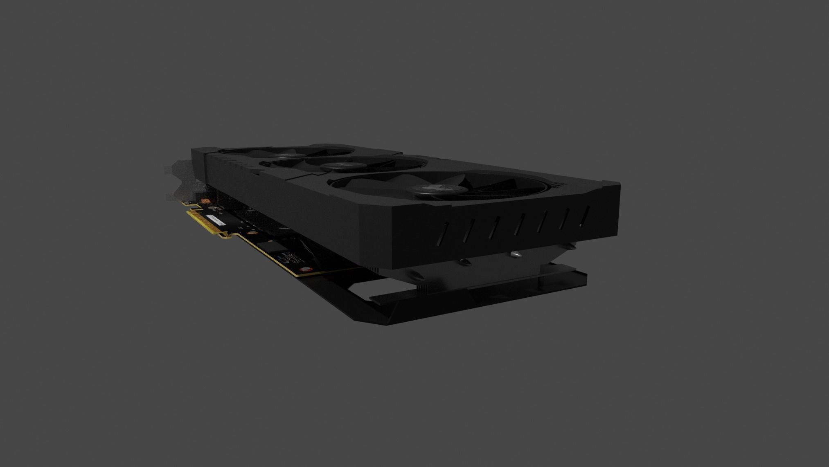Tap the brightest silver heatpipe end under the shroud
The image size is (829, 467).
coord(516,254)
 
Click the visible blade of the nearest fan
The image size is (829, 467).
coord(483,186)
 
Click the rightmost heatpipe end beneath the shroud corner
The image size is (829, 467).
coord(571,245)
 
